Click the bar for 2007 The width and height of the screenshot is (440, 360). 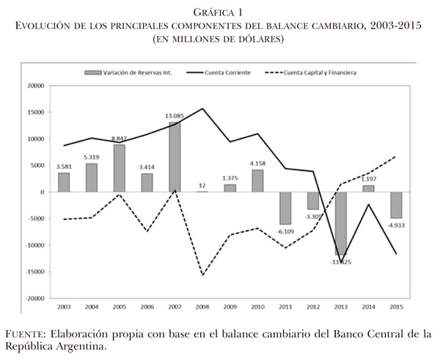coord(175,157)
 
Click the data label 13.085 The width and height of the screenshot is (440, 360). coord(175,115)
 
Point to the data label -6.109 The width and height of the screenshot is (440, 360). coord(285,231)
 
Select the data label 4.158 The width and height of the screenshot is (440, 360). coord(257,163)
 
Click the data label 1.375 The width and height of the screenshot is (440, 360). coord(230,177)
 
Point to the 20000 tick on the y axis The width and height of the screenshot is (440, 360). coord(34,86)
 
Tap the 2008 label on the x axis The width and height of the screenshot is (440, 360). coord(202,307)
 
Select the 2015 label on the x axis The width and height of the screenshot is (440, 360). coord(397,307)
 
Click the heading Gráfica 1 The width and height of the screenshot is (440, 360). coord(219,12)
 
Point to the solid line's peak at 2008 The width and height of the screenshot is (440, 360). coord(202,109)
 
